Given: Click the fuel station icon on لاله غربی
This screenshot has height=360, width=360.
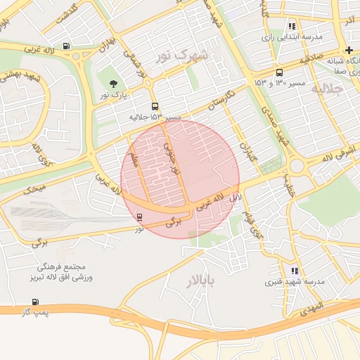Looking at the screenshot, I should [66, 46].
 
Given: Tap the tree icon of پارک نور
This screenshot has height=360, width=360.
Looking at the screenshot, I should [114, 84].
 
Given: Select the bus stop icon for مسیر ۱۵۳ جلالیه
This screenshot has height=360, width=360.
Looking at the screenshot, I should [155, 108].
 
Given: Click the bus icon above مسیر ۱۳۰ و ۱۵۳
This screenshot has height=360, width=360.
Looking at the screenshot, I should [280, 72].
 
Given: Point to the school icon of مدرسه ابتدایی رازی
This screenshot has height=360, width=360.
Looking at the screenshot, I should [292, 27].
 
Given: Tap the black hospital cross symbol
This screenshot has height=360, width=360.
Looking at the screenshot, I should [349, 49].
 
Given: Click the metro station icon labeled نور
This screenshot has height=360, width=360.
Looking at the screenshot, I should [139, 217].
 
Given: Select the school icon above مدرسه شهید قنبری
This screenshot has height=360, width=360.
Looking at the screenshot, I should [294, 271].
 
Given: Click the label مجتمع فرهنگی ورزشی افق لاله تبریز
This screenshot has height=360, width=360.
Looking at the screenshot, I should [68, 273].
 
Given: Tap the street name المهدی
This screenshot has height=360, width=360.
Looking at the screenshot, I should [309, 307].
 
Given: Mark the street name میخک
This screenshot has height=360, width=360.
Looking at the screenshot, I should [33, 189].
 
